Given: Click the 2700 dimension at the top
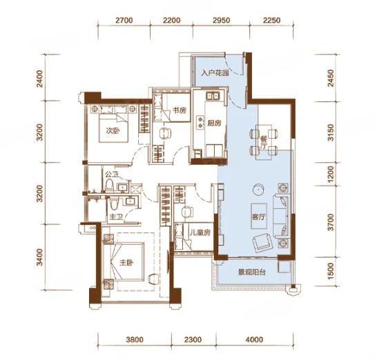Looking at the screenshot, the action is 124,20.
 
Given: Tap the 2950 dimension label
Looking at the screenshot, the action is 222,20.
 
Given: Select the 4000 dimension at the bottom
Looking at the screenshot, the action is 254,339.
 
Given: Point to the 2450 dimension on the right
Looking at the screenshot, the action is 331,78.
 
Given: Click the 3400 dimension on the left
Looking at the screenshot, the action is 40,257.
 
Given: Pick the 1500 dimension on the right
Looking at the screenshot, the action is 331,271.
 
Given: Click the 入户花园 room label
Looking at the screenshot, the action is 215,73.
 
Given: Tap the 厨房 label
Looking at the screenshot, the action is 214,123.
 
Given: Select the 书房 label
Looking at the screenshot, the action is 180,111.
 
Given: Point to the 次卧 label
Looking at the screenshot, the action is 113,131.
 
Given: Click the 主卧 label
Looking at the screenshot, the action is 126,263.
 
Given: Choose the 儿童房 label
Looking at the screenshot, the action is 200,232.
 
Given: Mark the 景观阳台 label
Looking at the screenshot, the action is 252,272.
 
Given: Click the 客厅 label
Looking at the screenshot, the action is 259,217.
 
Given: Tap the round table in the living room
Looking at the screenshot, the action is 258,189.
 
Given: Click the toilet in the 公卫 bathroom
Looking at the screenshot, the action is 109,186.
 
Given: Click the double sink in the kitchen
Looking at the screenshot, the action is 213,96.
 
